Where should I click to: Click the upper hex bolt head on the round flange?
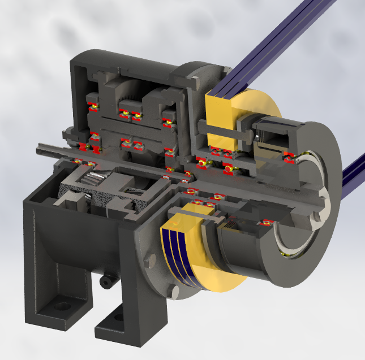click(x=149, y=260)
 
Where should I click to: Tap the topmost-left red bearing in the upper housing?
click(x=92, y=107)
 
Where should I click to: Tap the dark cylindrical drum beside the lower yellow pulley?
click(x=243, y=254)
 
